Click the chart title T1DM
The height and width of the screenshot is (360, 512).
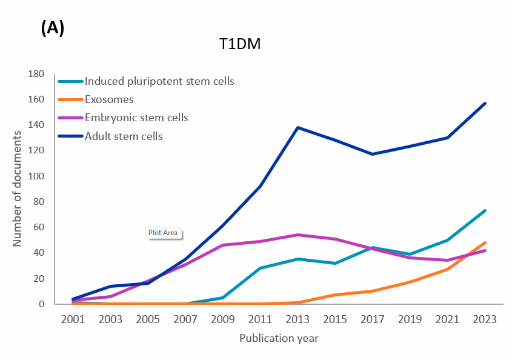(x=240, y=45)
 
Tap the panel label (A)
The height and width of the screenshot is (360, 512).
(x=53, y=28)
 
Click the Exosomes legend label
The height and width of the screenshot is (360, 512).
(x=109, y=99)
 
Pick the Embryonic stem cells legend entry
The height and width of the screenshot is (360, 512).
(x=136, y=118)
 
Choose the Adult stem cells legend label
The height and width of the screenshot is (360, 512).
(x=124, y=136)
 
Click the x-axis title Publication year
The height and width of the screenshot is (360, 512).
(x=279, y=338)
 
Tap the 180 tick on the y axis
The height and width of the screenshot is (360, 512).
(x=36, y=74)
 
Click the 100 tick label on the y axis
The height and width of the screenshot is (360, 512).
(x=36, y=176)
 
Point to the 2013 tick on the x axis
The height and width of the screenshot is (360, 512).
(x=298, y=319)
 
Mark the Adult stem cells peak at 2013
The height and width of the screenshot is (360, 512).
(x=298, y=127)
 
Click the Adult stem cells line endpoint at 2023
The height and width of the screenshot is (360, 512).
(x=485, y=103)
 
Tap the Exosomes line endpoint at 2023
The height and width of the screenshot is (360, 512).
(x=485, y=242)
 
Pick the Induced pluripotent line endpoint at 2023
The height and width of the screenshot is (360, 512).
(x=485, y=210)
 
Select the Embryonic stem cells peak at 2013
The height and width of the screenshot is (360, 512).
(x=298, y=235)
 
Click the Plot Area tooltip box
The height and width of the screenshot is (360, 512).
(x=164, y=232)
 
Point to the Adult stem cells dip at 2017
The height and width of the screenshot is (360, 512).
(x=373, y=154)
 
